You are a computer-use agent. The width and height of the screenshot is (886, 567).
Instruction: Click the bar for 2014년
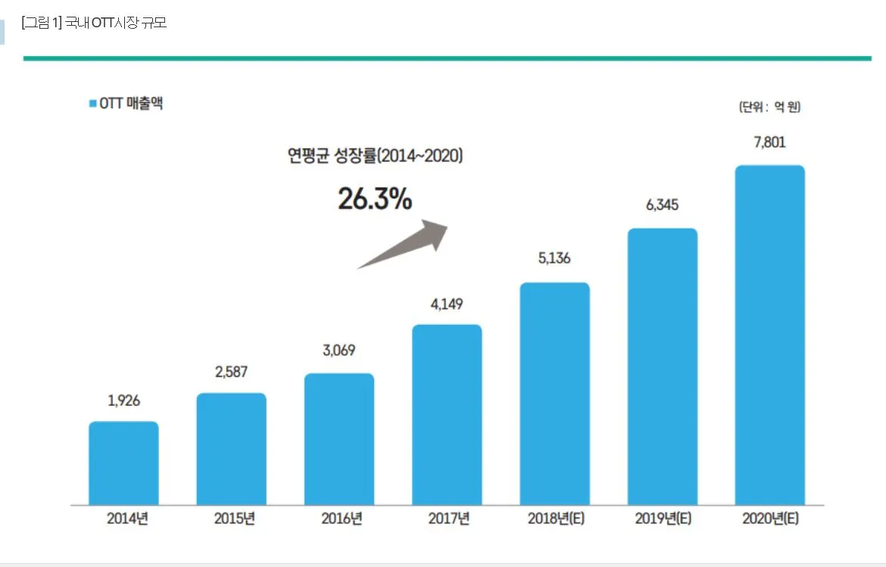(x=123, y=463)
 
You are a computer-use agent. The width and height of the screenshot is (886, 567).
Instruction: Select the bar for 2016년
(x=339, y=438)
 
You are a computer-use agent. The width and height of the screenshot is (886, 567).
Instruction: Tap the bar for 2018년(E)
(x=554, y=393)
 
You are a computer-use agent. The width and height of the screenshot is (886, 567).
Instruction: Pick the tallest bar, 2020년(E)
(x=769, y=335)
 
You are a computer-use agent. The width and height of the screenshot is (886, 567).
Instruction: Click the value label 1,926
(x=124, y=401)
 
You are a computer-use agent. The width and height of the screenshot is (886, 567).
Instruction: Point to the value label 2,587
(x=231, y=372)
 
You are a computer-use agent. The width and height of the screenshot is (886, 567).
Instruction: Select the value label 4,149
(x=447, y=304)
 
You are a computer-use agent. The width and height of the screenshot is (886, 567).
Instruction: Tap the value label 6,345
(x=662, y=205)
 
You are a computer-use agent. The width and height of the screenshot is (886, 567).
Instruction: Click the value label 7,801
(x=769, y=142)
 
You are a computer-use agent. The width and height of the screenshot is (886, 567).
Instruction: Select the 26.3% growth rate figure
(x=375, y=199)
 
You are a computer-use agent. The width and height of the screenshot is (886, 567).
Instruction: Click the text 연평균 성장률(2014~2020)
(x=375, y=156)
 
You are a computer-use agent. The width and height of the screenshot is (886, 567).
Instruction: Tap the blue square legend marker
(x=92, y=104)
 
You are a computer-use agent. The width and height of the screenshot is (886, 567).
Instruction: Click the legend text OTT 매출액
(x=131, y=104)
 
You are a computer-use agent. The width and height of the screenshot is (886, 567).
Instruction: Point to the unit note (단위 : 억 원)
(x=769, y=107)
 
